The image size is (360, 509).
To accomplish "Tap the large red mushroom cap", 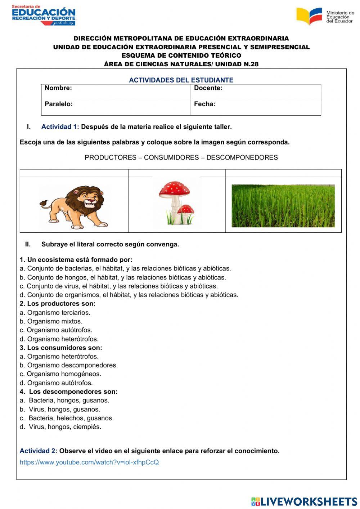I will [x=174, y=188].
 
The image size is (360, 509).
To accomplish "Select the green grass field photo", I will [x=283, y=206].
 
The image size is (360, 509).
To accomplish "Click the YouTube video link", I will [x=89, y=462].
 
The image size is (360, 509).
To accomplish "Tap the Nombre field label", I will [x=58, y=88].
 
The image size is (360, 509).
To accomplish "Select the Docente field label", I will [x=208, y=88].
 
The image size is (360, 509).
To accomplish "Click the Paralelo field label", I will [x=58, y=104].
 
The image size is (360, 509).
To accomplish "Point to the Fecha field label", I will [x=204, y=104].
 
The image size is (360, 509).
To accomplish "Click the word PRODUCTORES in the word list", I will [x=111, y=157].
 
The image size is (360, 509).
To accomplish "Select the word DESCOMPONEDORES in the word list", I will [x=242, y=157].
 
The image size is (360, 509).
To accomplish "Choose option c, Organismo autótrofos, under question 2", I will [x=56, y=330].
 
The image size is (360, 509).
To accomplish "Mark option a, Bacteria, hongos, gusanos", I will [x=64, y=400].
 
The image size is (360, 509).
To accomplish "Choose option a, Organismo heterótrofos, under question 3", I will [x=59, y=356].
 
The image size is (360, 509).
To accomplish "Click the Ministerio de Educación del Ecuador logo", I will [x=325, y=16].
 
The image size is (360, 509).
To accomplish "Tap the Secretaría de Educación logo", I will [x=43, y=15].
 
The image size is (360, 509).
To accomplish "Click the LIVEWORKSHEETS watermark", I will [x=304, y=501].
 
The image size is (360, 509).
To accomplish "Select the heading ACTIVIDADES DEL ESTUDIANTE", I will [x=181, y=80].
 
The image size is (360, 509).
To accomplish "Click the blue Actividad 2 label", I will [x=38, y=451].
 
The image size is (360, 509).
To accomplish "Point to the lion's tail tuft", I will [x=44, y=204].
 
